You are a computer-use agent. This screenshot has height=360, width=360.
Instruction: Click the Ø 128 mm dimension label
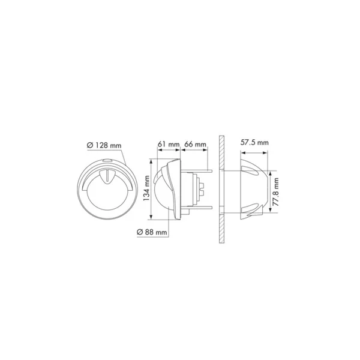coord(104,145)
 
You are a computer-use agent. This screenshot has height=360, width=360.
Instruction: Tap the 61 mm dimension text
coord(169,145)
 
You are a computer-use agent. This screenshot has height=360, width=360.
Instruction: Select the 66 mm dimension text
coord(195,145)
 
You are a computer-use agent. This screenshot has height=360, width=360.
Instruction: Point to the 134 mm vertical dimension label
coord(146,188)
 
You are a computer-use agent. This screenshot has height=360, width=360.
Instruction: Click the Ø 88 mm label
coord(152,232)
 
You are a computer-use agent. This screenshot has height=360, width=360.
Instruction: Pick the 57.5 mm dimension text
coord(254,143)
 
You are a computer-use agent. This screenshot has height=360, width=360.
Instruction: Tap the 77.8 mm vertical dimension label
coord(276,192)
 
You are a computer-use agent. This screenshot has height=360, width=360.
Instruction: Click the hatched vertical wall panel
coord(221,189)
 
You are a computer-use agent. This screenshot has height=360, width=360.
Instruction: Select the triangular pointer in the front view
coord(107,176)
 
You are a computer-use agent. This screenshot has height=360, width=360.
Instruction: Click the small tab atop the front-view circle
coord(107,161)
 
